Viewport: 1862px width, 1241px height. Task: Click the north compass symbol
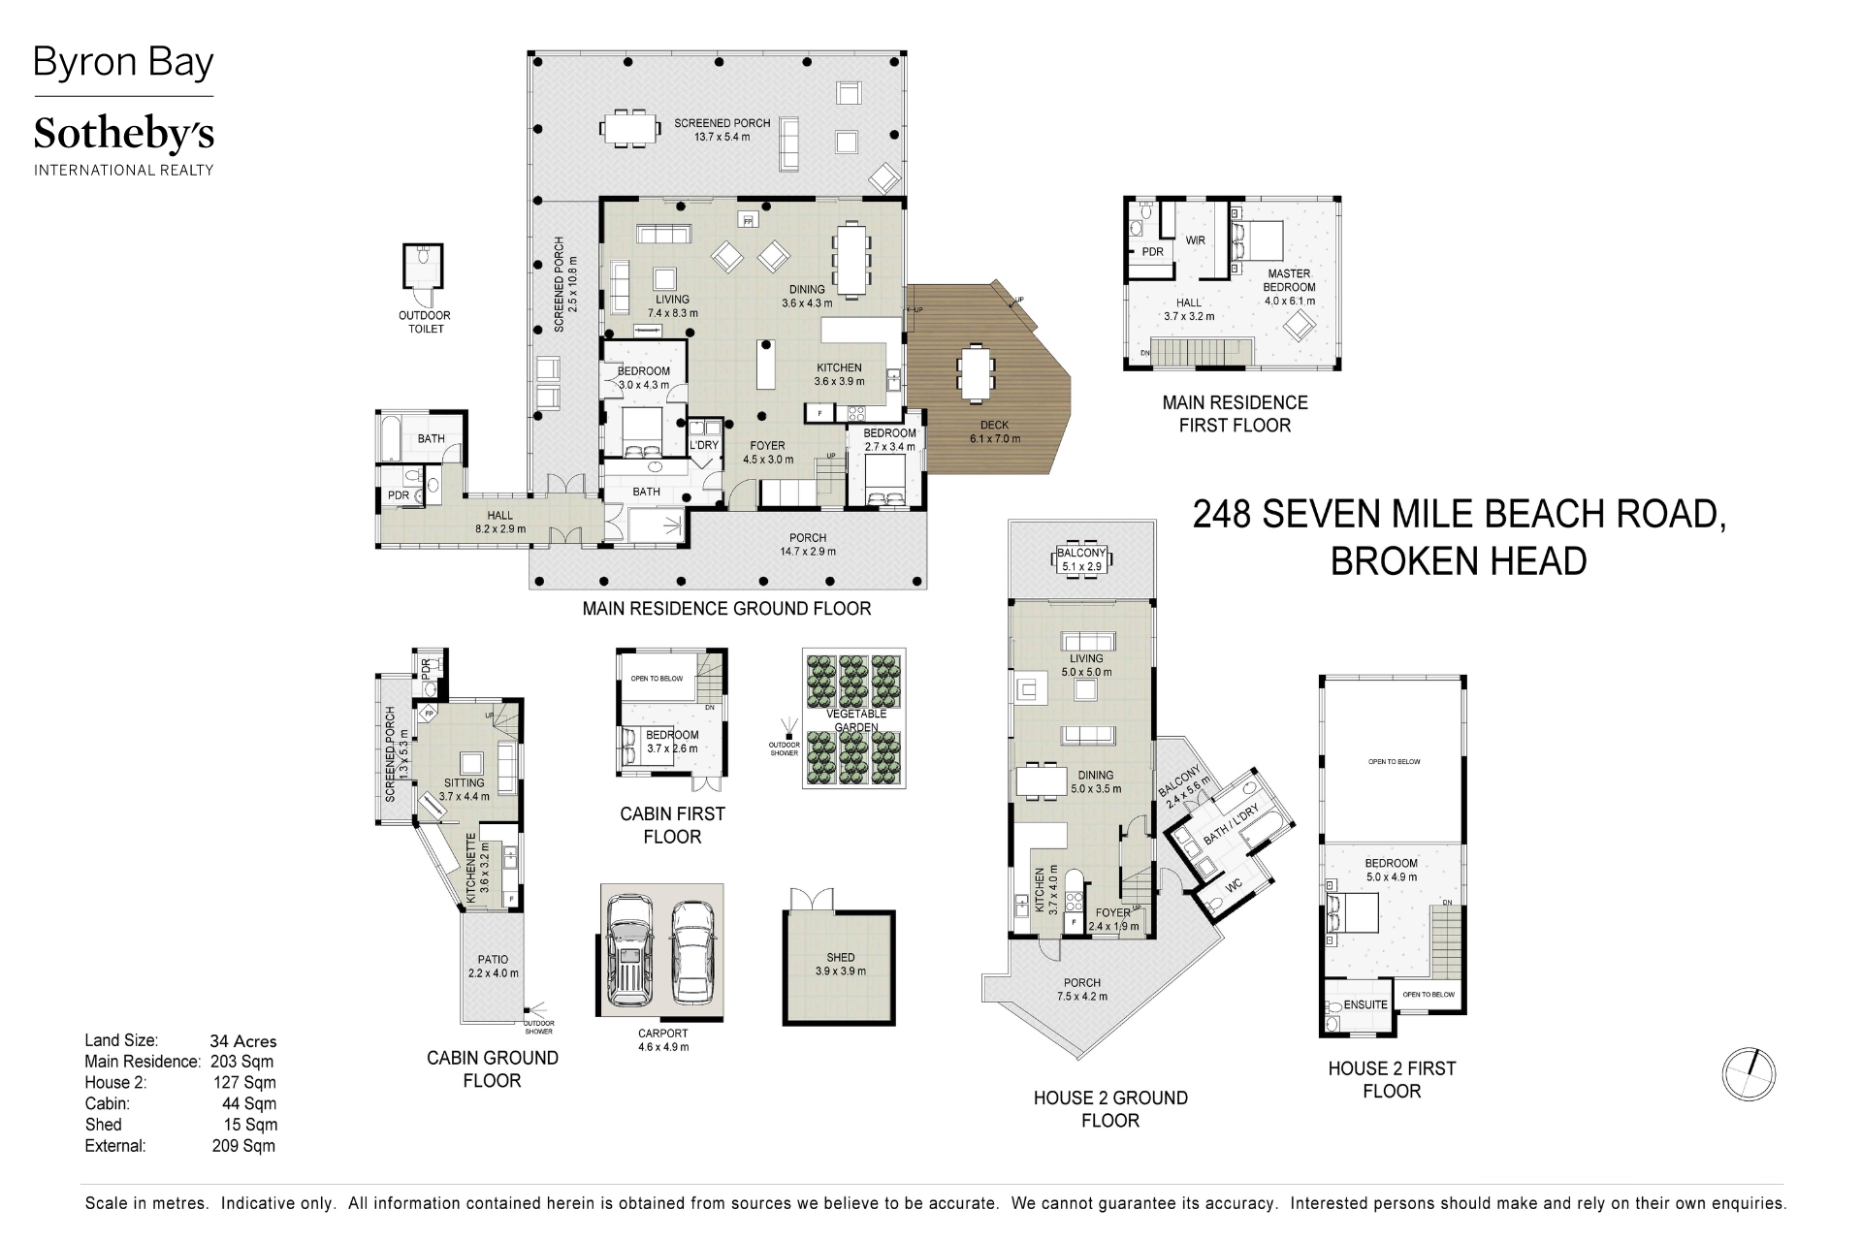(x=1749, y=1074)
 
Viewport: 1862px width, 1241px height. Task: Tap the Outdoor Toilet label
(x=425, y=322)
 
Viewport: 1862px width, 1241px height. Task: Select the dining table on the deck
(x=977, y=373)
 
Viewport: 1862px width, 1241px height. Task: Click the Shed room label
(x=840, y=958)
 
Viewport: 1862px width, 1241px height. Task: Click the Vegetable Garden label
(x=856, y=720)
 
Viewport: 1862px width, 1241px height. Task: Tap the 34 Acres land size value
(x=243, y=1041)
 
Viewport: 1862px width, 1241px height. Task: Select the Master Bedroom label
(x=1289, y=280)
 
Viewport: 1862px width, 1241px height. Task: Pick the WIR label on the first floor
(x=1195, y=240)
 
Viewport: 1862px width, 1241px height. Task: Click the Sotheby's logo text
(x=123, y=136)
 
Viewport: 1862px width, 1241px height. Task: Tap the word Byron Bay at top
(x=123, y=63)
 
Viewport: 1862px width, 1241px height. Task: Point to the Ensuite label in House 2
(x=1365, y=1004)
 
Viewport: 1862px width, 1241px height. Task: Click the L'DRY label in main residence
(x=704, y=446)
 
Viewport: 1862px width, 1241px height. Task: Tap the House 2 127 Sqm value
(x=244, y=1083)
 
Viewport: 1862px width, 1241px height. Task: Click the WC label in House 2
(x=1235, y=886)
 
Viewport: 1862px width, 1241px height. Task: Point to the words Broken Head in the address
(x=1458, y=560)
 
